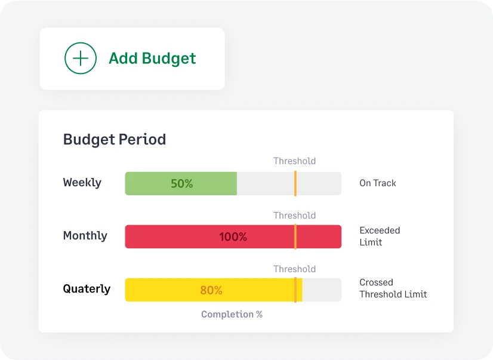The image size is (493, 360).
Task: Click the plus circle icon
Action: coord(81,59)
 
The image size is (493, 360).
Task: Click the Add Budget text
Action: coord(152,59)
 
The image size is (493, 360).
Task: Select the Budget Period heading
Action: coord(115,140)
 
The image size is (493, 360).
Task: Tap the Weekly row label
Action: coord(82,183)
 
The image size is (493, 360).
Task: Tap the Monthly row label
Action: coord(85,236)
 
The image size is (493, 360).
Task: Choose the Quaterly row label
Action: coord(87,289)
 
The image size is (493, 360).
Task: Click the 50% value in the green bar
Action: coord(181,184)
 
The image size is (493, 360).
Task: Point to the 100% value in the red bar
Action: coord(233,237)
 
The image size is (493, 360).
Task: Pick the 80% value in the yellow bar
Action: coord(211,291)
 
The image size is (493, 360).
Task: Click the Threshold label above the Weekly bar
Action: coord(294,161)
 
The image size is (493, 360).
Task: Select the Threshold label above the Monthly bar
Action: coord(294,216)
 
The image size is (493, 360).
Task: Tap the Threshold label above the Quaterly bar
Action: coord(294,269)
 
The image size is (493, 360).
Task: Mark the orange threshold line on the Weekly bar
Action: coord(295,183)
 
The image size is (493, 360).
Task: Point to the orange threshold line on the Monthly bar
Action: coord(295,236)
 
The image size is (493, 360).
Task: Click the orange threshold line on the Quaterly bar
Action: coord(295,290)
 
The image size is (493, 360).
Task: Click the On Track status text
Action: coord(378,183)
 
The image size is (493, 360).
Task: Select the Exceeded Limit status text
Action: coord(380,236)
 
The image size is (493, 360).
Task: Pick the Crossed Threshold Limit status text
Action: coord(393,288)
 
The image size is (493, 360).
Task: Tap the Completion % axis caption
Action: coord(232,315)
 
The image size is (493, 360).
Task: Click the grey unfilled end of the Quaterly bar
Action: coord(322,290)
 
